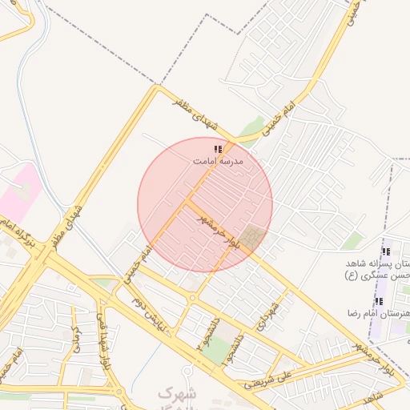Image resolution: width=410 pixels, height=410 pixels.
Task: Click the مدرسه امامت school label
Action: (218, 161)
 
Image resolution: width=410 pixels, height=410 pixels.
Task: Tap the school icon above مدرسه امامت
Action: (218, 149)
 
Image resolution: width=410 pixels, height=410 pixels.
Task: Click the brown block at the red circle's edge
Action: (255, 237)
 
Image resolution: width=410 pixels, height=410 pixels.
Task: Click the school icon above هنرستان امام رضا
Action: (379, 301)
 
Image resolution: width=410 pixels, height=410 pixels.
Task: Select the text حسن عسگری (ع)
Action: (373, 275)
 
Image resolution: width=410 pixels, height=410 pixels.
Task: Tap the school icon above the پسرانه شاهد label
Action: (386, 252)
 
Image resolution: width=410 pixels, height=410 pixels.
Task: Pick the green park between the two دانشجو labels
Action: (215, 349)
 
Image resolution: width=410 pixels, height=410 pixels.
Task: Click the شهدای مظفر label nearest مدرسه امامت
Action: (196, 111)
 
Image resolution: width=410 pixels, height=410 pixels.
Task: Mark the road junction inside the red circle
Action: (190, 200)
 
